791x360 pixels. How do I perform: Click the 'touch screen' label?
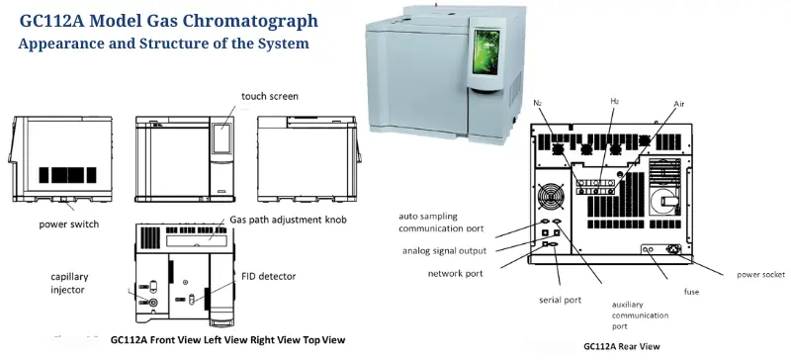click(270, 96)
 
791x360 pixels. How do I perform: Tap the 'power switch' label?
click(69, 225)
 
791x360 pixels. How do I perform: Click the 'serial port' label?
click(561, 299)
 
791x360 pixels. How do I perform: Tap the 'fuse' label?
click(693, 291)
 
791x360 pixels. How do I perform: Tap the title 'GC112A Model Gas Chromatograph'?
click(169, 21)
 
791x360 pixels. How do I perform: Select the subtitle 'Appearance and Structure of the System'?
click(163, 45)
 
